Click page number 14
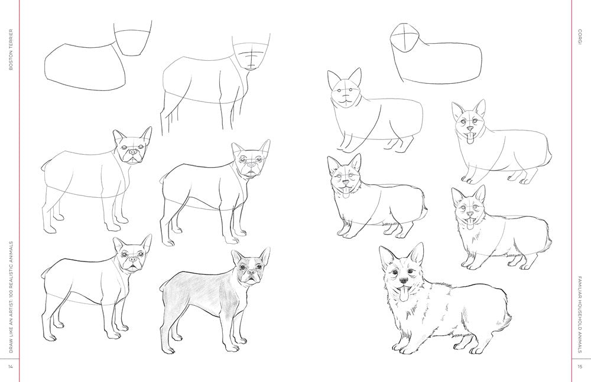coord(10,367)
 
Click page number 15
coord(580,367)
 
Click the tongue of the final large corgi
coord(404,293)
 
